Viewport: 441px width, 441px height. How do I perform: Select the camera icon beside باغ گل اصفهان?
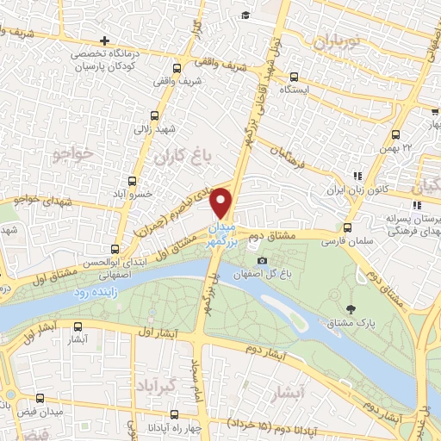[x=262, y=261]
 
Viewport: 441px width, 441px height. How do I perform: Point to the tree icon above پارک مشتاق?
[x=350, y=308]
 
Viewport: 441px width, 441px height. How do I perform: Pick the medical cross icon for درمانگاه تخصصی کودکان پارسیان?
[x=105, y=40]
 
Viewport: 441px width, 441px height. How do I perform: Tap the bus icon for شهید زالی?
[x=155, y=115]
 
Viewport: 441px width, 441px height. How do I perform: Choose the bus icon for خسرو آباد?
[x=132, y=181]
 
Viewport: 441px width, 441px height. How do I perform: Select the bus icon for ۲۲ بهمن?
[x=395, y=134]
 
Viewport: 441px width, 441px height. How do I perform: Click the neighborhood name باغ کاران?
[x=183, y=158]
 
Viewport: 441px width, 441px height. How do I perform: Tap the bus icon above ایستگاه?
[x=295, y=76]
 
